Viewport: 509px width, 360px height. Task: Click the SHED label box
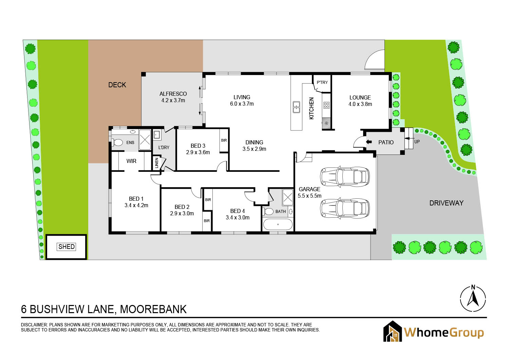67,247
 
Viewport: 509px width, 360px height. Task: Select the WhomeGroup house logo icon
392,331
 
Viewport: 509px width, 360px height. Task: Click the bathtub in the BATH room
278,224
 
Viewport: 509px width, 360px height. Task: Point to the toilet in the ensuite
117,143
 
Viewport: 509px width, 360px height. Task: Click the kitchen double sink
296,107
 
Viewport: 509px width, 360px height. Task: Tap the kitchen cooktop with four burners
326,105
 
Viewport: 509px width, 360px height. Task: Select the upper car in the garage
345,177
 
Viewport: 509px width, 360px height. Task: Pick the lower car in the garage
345,209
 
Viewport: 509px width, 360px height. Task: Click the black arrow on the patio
369,142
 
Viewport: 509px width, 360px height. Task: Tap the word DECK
117,85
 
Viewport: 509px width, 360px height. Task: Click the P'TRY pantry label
322,82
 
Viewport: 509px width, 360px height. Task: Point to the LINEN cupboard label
156,163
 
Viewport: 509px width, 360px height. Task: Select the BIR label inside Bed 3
224,140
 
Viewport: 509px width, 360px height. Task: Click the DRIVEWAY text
446,203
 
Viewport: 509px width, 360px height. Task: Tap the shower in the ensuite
145,140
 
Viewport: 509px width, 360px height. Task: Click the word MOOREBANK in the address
153,309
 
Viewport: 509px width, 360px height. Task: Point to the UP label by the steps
417,142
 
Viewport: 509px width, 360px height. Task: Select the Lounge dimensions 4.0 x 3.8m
360,104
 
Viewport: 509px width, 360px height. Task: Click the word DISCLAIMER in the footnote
34,325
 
